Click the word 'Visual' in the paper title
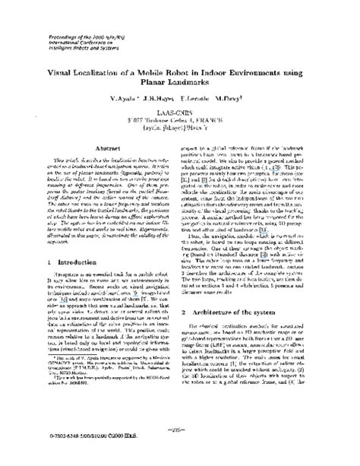coord(65,65)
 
